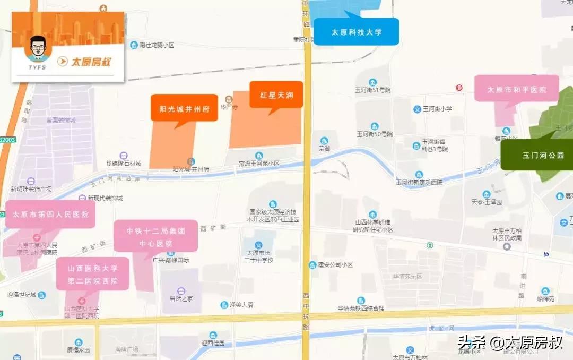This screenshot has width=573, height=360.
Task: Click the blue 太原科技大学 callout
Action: click(x=356, y=32)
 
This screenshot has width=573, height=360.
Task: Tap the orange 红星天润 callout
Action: click(x=276, y=95)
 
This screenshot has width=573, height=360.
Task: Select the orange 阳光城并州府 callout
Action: click(x=184, y=108)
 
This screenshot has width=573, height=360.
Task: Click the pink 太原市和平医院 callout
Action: click(x=516, y=89)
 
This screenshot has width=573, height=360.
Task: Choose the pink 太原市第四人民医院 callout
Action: click(x=50, y=214)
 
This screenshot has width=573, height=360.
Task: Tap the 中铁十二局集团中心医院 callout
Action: click(x=155, y=237)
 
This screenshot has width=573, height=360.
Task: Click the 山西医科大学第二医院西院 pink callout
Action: click(x=92, y=273)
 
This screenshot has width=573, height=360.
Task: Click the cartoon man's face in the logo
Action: click(x=37, y=49)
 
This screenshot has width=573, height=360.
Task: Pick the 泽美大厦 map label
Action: click(x=238, y=305)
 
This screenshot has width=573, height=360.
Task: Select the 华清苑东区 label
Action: click(x=407, y=277)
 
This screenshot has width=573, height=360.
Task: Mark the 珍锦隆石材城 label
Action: click(x=123, y=164)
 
